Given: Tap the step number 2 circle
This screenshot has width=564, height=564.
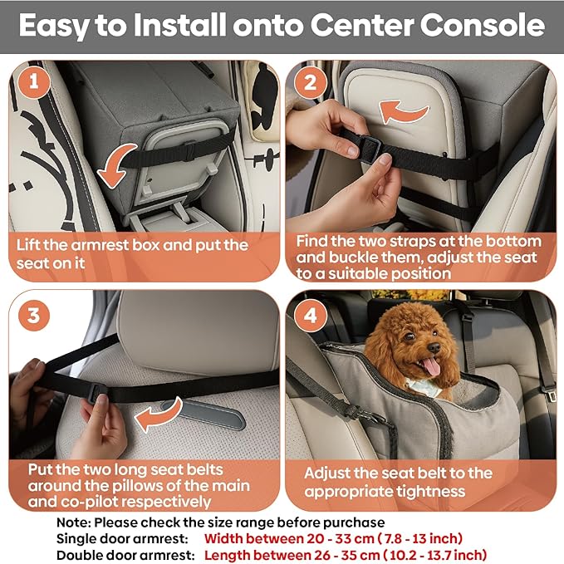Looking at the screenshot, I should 311,82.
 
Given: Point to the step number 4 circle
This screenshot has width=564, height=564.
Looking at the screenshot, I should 311,316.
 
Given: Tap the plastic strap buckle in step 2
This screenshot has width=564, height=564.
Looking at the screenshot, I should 371,147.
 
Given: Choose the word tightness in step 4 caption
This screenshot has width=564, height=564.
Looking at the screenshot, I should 426,491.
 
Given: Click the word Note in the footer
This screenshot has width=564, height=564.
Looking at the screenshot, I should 73,522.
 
